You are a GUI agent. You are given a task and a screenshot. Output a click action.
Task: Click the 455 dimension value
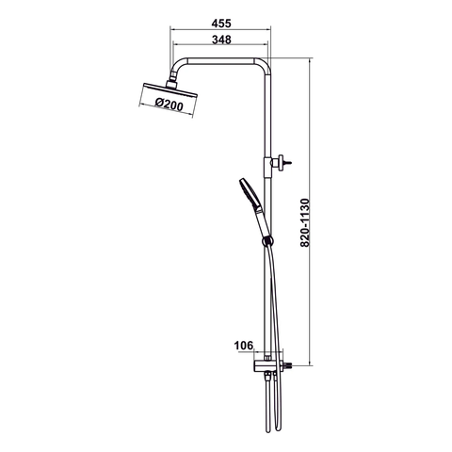pos(220,21)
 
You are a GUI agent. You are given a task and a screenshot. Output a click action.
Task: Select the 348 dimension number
pos(220,40)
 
